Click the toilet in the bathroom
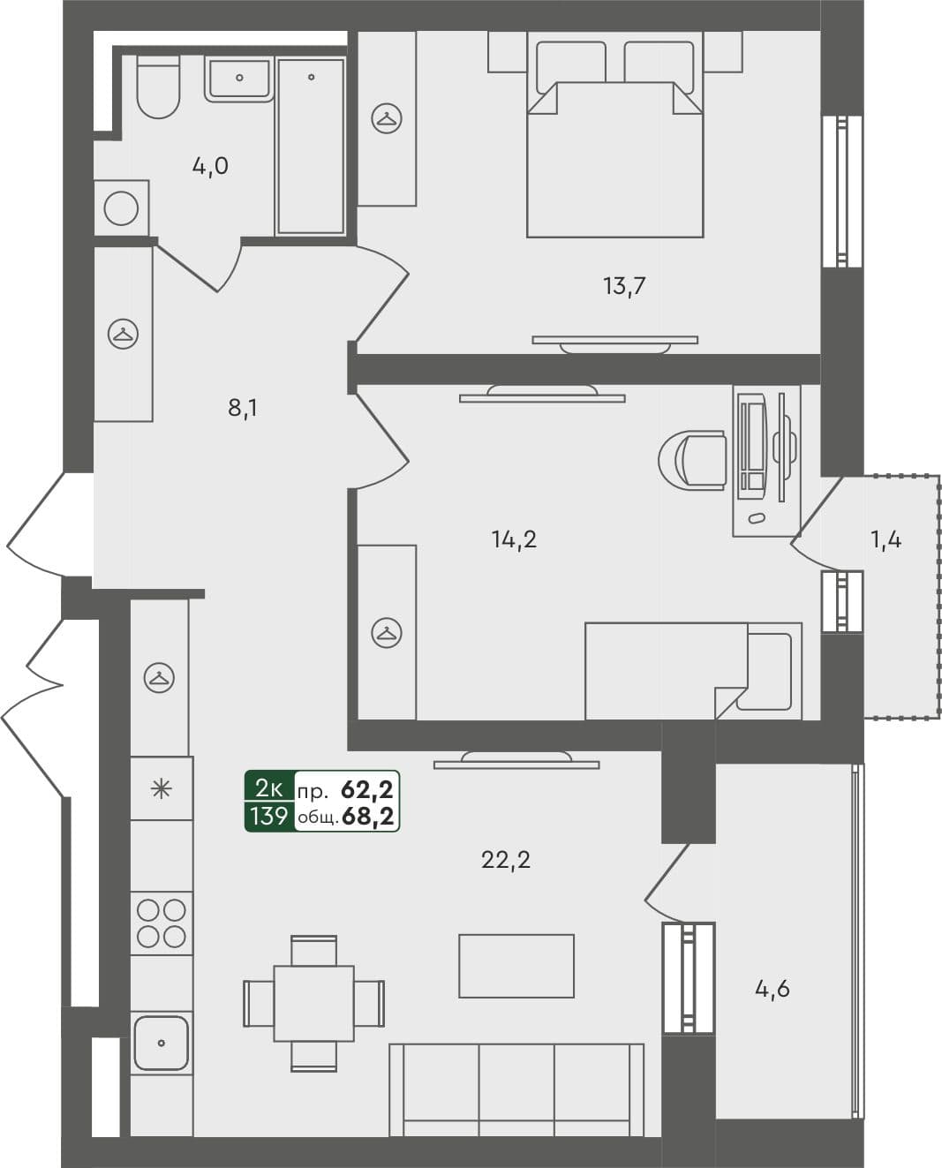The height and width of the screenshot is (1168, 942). (x=159, y=88)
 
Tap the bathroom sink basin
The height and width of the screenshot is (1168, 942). (x=239, y=78)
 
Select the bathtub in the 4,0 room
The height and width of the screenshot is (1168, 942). (x=311, y=147)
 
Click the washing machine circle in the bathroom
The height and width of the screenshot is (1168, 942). (x=121, y=209)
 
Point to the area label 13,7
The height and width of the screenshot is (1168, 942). (x=624, y=285)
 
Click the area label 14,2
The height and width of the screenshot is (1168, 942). (x=514, y=539)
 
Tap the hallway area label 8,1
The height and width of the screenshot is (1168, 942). (x=243, y=408)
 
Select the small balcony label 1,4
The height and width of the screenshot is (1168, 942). (x=885, y=539)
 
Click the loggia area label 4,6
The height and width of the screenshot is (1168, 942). (x=772, y=989)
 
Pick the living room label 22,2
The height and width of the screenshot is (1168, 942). (x=505, y=859)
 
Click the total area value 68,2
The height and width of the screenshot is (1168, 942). (x=368, y=817)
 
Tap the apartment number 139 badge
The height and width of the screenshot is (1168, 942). (x=268, y=817)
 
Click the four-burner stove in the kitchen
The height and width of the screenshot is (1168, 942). (x=162, y=923)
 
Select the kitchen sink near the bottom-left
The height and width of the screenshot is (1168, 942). (x=161, y=1043)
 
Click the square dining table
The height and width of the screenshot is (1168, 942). (x=313, y=1003)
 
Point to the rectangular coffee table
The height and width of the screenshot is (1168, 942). (x=516, y=966)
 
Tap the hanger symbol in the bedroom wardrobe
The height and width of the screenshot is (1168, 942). (x=386, y=118)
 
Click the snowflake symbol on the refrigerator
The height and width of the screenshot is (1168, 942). (x=161, y=788)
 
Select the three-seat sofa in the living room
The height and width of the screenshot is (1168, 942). (x=516, y=1089)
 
